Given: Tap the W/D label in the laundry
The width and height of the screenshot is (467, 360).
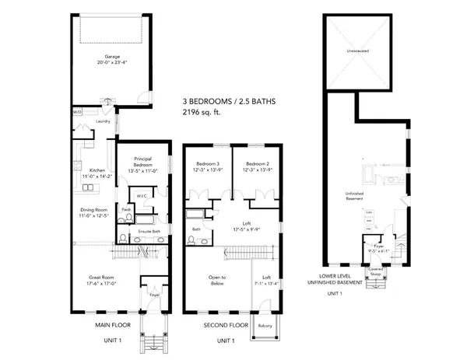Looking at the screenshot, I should pos(77,112).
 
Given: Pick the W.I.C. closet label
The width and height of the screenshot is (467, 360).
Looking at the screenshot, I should pos(142,196).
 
